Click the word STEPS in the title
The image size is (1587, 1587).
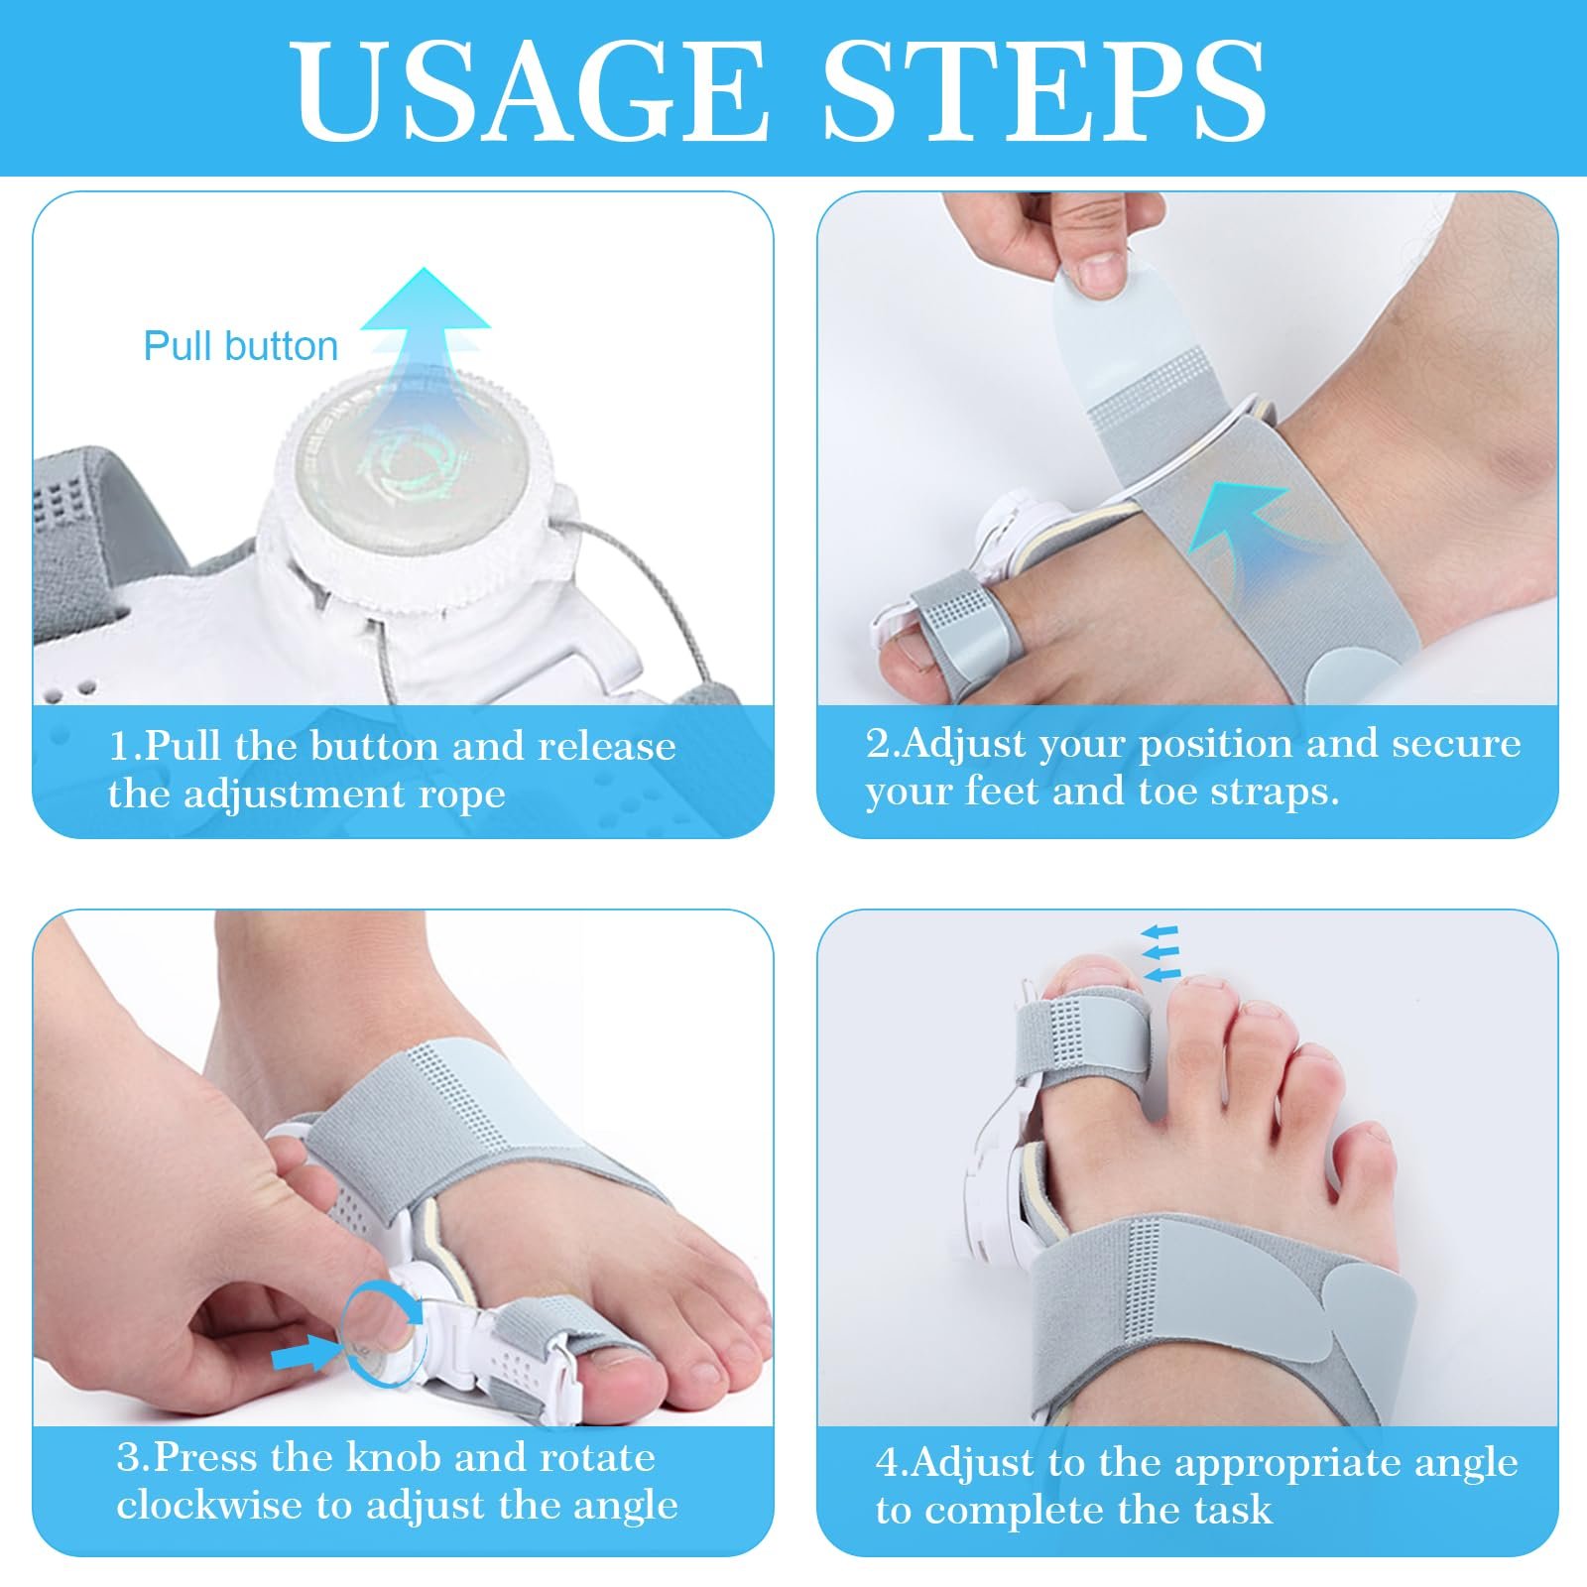(1045, 91)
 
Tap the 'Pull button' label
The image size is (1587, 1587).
(241, 346)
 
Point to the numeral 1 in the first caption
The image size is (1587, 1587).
(118, 746)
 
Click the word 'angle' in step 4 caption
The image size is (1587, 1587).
(1466, 1463)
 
